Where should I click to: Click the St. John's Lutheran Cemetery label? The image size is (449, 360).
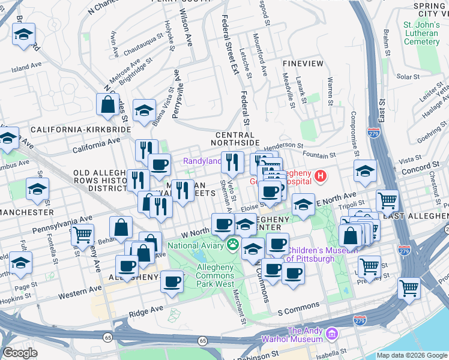tap(420, 33)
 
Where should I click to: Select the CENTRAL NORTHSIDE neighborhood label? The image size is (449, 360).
tap(236, 139)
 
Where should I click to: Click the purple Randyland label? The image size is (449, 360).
tap(202, 161)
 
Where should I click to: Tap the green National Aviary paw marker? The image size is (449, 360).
tap(232, 245)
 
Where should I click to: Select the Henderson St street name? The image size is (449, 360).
tap(283, 145)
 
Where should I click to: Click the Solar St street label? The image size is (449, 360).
tap(408, 77)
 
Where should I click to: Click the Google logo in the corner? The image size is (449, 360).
tap(20, 353)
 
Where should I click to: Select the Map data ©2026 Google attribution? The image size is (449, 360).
tap(412, 355)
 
